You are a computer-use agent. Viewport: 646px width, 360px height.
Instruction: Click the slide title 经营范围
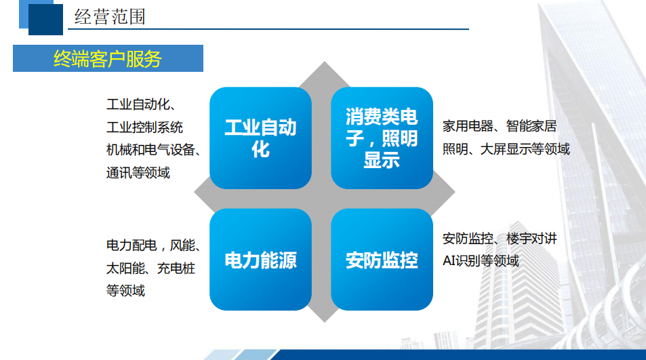(x=110, y=16)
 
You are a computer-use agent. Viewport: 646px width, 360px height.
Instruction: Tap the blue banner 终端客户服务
(x=108, y=58)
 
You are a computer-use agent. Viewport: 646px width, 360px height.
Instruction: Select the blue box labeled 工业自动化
(x=260, y=138)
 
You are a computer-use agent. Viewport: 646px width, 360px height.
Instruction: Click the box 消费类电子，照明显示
(x=382, y=138)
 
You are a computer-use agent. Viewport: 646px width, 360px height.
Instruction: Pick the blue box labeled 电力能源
(x=260, y=260)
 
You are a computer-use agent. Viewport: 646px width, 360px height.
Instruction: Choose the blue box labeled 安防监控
(x=382, y=260)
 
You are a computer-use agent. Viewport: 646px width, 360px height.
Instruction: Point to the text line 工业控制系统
(x=144, y=127)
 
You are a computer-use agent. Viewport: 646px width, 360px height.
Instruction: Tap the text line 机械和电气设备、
(x=153, y=150)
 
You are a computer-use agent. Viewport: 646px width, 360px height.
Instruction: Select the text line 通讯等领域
(x=138, y=172)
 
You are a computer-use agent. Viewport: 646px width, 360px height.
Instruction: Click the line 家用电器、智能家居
(x=500, y=126)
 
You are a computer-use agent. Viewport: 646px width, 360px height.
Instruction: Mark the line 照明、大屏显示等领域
(x=506, y=148)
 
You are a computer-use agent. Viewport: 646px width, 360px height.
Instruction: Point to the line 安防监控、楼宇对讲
(x=500, y=238)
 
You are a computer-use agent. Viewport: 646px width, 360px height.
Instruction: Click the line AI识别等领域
(x=481, y=260)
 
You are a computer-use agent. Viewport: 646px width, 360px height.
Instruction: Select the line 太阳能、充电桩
(x=150, y=268)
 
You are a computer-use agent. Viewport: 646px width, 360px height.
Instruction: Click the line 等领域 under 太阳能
(x=125, y=290)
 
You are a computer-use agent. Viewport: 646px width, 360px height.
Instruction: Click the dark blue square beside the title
(x=45, y=18)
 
